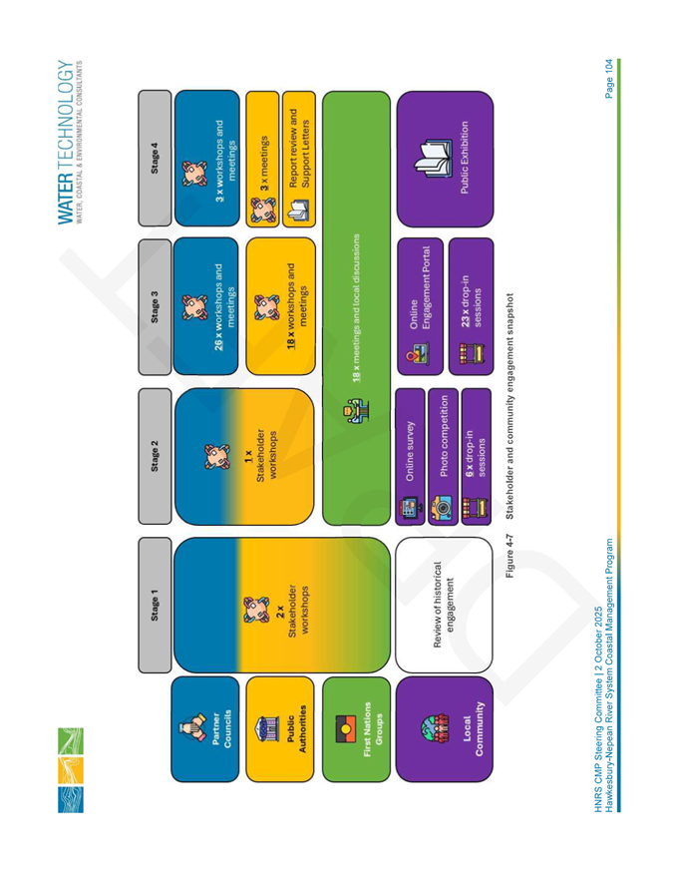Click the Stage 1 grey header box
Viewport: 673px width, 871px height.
[x=155, y=605]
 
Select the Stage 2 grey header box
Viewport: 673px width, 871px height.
[x=155, y=456]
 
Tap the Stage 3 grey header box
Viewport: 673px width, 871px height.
[x=155, y=306]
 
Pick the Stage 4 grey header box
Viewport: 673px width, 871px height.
[x=155, y=159]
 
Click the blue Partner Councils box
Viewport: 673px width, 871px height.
[x=205, y=729]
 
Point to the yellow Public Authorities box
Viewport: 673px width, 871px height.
[x=280, y=729]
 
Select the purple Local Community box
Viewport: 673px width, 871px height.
[x=445, y=729]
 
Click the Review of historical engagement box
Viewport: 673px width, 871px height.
[x=444, y=605]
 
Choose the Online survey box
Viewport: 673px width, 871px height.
[x=410, y=457]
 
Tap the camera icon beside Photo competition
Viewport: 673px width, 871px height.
[x=442, y=507]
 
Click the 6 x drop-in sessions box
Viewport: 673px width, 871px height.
[x=476, y=457]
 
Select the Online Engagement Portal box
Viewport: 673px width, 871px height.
[x=421, y=306]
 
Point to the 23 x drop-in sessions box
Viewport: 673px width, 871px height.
[x=471, y=306]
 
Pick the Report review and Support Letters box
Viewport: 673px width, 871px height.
[x=299, y=160]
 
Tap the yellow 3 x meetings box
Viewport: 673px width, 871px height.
[x=262, y=160]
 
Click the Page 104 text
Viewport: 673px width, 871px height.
[x=609, y=79]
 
